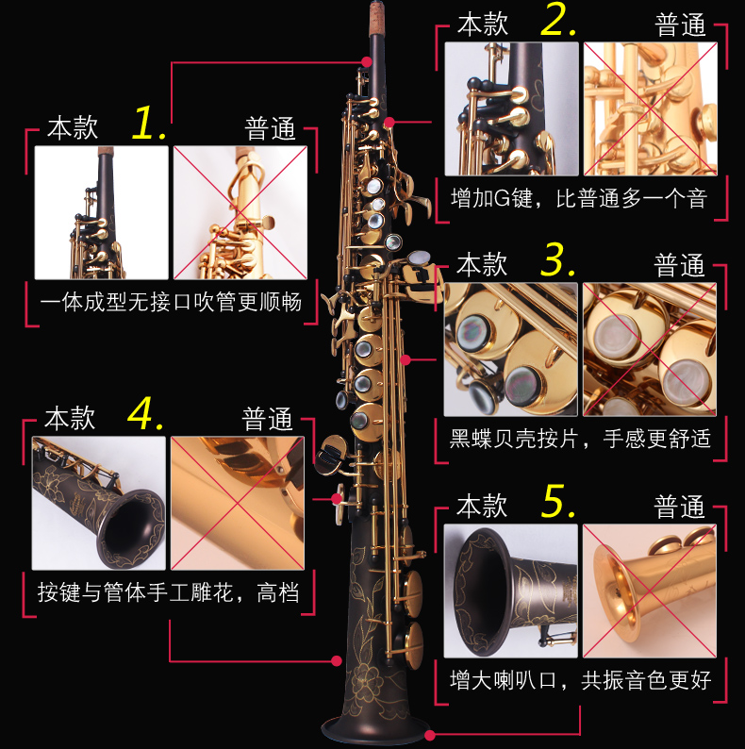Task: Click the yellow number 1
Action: [148, 124]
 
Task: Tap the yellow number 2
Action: [557, 20]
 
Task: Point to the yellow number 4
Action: [145, 413]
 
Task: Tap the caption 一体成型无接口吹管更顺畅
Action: [171, 302]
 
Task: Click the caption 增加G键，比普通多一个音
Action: [579, 198]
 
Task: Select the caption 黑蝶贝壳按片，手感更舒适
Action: [580, 439]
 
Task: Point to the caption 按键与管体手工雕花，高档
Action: [169, 592]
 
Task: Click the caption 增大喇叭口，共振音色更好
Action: [580, 680]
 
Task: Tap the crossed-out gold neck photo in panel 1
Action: [240, 212]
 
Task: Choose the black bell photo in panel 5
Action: [510, 591]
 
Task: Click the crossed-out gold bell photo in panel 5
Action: [650, 591]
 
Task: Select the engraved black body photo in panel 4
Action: [99, 503]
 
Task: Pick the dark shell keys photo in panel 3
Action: [510, 349]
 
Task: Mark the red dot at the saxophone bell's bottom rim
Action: [430, 735]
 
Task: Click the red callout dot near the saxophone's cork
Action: [366, 61]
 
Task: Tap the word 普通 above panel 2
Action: [680, 25]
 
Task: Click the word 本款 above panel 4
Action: [70, 419]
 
